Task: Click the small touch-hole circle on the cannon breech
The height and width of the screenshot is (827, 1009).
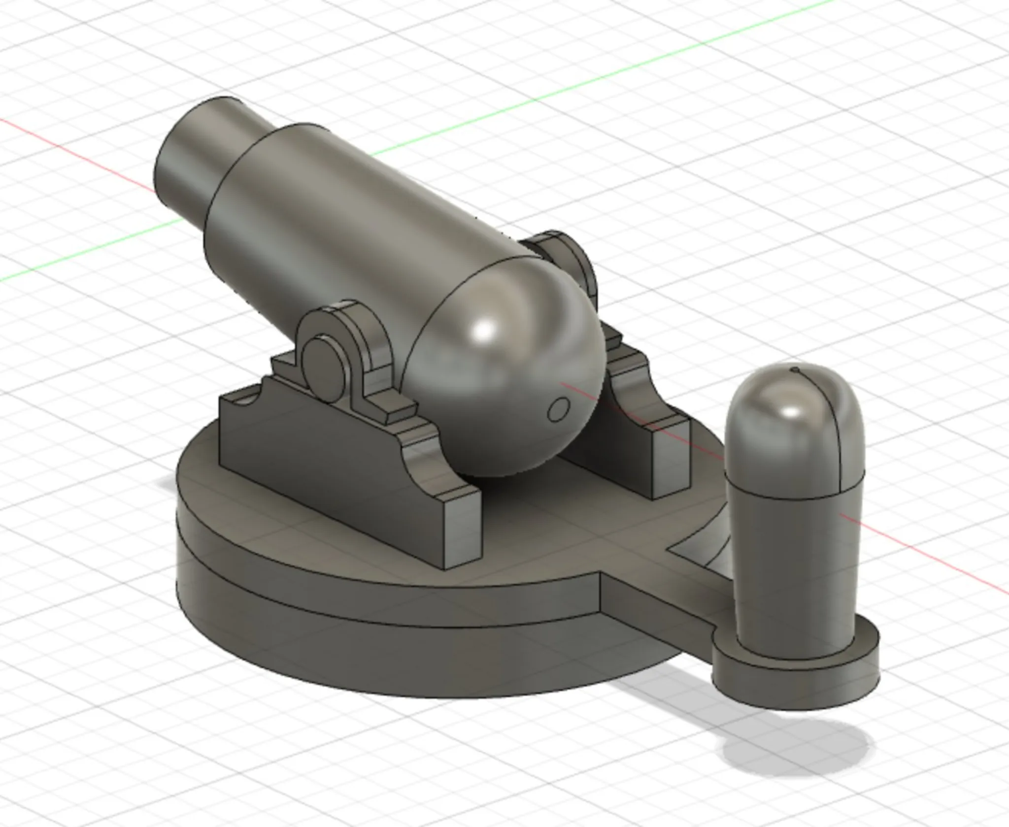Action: [x=559, y=409]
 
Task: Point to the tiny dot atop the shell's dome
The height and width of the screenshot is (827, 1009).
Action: [x=794, y=368]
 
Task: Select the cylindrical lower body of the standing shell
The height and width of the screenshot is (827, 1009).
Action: [x=793, y=566]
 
